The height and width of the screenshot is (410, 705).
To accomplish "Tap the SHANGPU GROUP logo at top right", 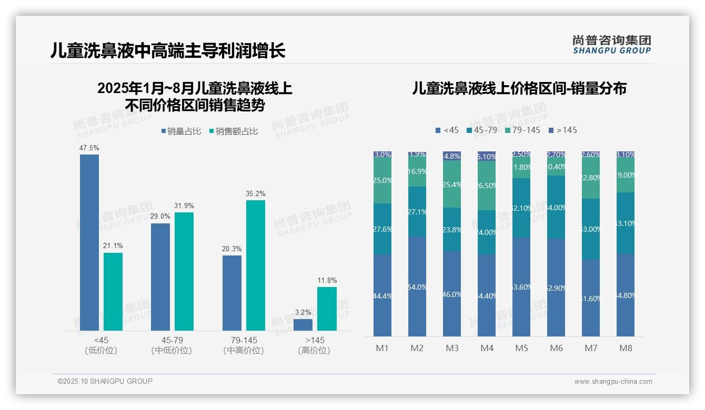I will [611, 44].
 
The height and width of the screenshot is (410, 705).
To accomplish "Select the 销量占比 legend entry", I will [181, 131].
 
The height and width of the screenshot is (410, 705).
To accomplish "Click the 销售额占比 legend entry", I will [234, 131].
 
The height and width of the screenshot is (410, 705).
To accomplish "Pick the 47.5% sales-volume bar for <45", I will [89, 242].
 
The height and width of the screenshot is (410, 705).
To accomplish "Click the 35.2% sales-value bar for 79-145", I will [255, 265].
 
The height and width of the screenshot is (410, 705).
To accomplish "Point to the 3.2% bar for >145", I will [303, 325].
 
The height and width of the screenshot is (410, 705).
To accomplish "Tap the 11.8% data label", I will [327, 281].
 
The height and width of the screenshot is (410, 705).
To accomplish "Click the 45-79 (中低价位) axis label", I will [172, 345].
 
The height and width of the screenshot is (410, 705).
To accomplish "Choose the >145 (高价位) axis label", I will [314, 345].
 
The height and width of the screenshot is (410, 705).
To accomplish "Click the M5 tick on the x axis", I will [521, 348].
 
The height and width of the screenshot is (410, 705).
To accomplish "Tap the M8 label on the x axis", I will [626, 348].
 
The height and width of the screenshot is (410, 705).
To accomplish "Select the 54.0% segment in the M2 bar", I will [417, 286].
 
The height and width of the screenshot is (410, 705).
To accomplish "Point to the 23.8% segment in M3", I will [452, 229].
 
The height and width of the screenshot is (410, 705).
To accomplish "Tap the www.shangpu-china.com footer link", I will [613, 382].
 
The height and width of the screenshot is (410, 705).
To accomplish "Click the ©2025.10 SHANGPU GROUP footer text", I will [105, 381].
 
